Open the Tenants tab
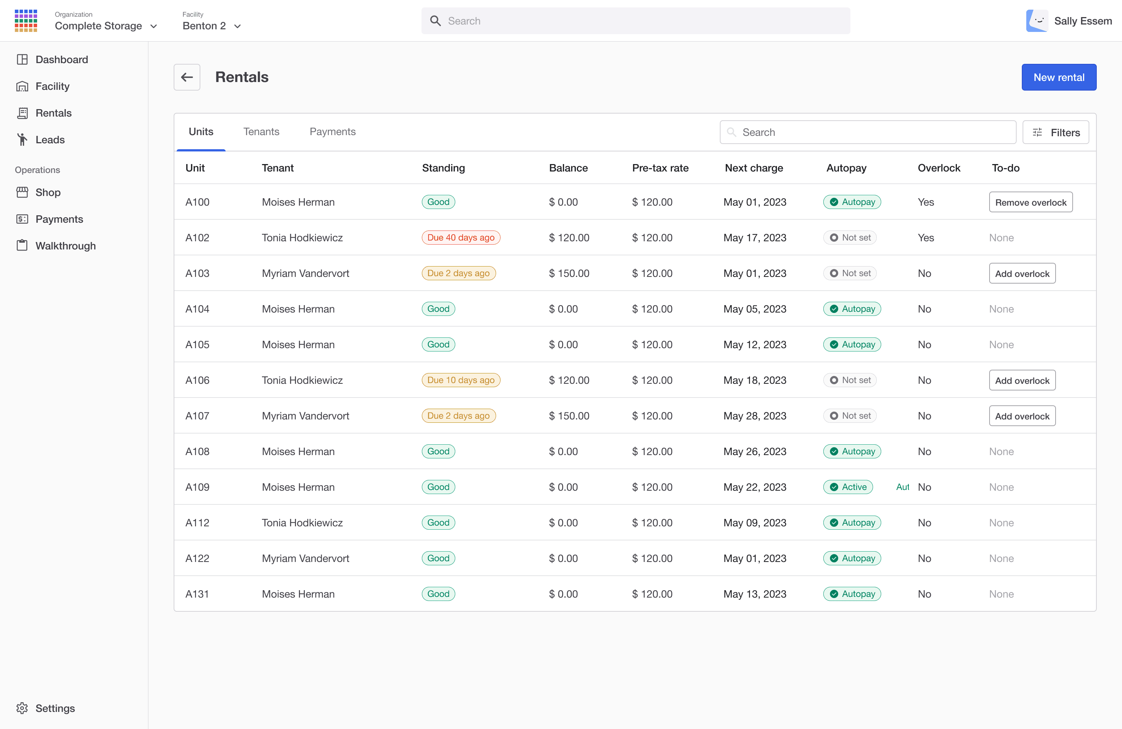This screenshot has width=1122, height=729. pos(261,131)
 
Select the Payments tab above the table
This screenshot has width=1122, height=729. pos(332,131)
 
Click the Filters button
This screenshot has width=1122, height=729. pos(1055,133)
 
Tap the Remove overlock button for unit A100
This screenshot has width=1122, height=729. pos(1031,202)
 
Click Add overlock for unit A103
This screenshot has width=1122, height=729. pos(1022,274)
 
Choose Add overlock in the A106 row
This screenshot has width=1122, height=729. pos(1022,380)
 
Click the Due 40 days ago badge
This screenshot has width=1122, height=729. pos(460,238)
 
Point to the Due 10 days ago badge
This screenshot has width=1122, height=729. pos(460,380)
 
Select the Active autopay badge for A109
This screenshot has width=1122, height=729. pos(848,487)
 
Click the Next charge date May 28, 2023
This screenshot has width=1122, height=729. pos(755,416)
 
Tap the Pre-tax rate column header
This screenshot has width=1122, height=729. pos(660,168)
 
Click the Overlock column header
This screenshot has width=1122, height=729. pos(939,168)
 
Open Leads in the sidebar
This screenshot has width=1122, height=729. pos(50,140)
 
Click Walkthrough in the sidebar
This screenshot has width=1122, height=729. pos(66,246)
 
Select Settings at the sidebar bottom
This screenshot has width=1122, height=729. pos(55,708)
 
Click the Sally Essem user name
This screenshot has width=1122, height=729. pos(1083,21)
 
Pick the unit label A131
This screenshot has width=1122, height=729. pos(197,594)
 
